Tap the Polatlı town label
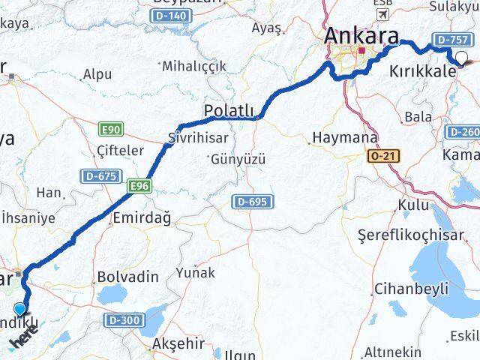(229, 112)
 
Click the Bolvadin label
(127, 277)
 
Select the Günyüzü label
(238, 159)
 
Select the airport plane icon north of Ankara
(385, 14)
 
